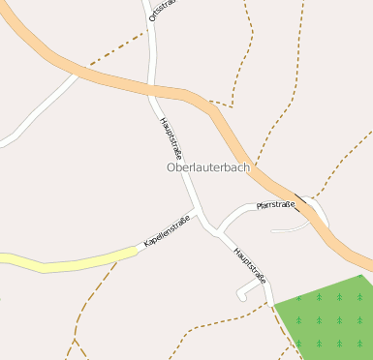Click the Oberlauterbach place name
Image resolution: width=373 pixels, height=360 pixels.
click(x=207, y=167)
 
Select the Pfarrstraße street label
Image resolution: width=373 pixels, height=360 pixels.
click(x=275, y=205)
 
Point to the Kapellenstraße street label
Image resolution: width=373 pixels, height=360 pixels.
click(x=167, y=229)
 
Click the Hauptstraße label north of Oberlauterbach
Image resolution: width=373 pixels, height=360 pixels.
click(x=171, y=139)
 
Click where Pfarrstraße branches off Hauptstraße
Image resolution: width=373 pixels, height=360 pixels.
click(x=218, y=231)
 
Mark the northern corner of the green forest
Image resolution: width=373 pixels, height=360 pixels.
click(x=361, y=277)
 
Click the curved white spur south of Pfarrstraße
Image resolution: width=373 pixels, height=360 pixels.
click(x=291, y=229)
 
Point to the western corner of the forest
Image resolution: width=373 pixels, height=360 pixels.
click(x=274, y=306)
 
